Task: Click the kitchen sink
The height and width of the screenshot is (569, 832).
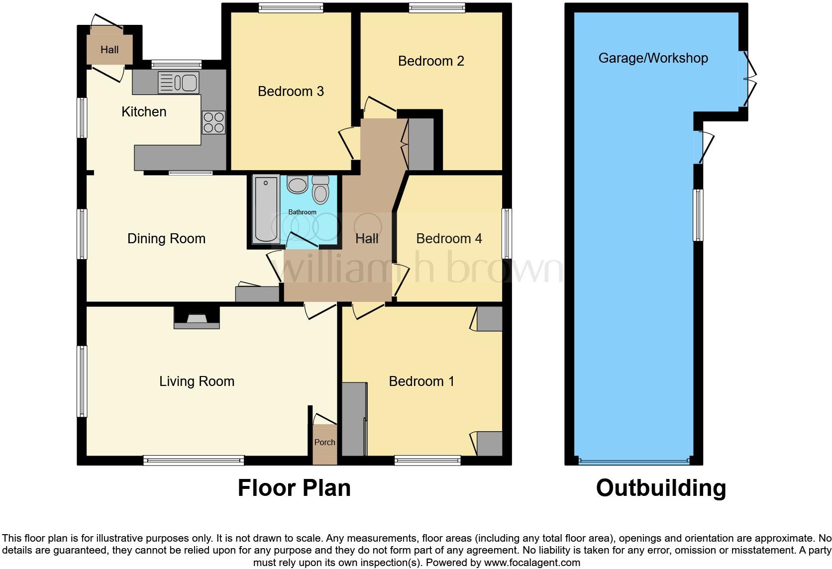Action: click(178, 83)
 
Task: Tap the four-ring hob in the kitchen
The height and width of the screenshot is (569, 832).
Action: click(213, 122)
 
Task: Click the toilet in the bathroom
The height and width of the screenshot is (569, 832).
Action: click(320, 191)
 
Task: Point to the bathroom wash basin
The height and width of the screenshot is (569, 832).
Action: click(298, 185)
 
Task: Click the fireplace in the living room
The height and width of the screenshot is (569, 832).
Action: click(197, 319)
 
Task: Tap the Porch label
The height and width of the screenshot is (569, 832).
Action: click(324, 442)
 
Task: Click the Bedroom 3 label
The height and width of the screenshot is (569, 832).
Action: click(291, 92)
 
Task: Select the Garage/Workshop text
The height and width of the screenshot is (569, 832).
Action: click(652, 58)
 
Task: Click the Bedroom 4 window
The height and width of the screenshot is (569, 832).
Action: click(507, 233)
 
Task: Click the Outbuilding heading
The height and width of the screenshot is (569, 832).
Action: click(660, 488)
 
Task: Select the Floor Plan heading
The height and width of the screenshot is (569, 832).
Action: click(294, 488)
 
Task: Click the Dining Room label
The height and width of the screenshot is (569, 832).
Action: click(166, 239)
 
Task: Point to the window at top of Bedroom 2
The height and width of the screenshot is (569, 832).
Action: click(436, 7)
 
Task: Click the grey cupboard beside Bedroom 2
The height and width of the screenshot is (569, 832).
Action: click(421, 144)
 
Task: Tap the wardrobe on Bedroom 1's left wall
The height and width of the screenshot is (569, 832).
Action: click(354, 419)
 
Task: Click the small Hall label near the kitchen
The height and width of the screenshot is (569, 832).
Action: click(109, 50)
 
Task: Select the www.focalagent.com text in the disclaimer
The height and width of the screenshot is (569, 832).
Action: click(531, 563)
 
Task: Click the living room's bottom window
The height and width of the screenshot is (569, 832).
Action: click(194, 461)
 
